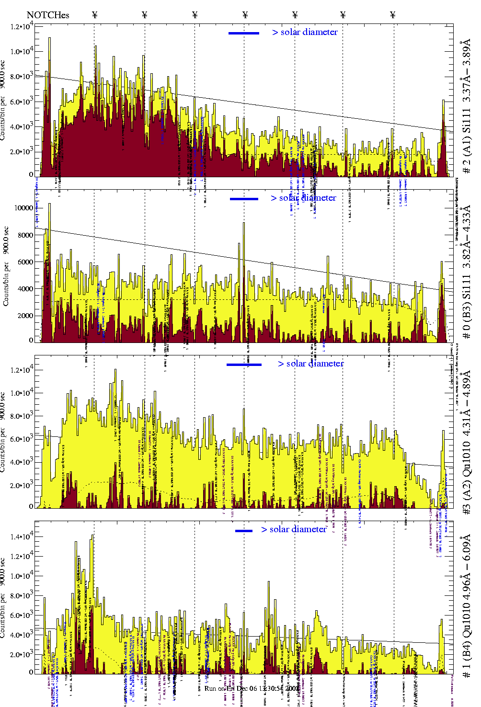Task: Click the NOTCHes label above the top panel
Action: (48, 15)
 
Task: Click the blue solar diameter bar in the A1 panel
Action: (244, 33)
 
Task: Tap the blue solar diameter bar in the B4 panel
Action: (244, 531)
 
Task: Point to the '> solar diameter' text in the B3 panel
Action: (303, 198)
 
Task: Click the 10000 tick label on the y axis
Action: (23, 208)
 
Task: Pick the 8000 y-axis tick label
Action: (25, 235)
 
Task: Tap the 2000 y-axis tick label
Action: (25, 316)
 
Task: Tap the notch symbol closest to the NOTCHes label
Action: (95, 15)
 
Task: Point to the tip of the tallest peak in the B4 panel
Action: (92, 536)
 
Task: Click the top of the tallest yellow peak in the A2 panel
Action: (115, 369)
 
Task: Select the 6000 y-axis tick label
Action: (25, 262)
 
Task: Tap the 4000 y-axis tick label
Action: (25, 289)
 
